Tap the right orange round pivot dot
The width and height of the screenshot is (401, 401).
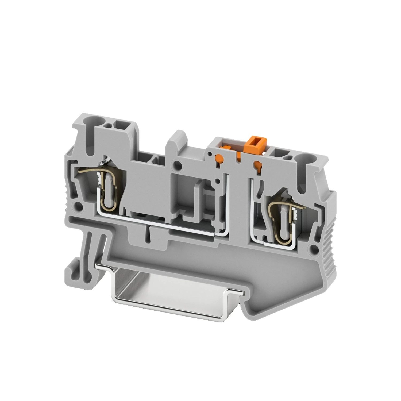coord(259,164)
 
